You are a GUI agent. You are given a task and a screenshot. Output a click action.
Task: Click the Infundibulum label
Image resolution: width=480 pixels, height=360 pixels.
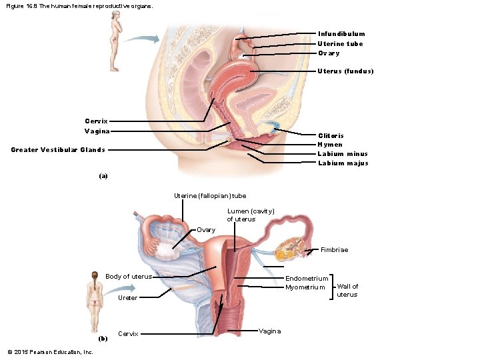[x=341, y=33]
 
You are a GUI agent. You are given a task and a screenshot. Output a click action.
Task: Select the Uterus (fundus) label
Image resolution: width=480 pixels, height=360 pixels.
[x=345, y=71]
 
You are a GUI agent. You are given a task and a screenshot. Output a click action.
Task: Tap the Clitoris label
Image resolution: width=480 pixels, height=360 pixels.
[x=331, y=135]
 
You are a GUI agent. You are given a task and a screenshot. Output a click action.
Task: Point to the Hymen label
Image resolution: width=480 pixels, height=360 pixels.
[x=330, y=145]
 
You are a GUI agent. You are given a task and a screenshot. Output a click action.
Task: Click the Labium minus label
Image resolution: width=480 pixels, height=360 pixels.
[x=343, y=154]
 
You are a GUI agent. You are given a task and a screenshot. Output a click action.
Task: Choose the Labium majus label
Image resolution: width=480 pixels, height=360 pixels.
[x=343, y=163]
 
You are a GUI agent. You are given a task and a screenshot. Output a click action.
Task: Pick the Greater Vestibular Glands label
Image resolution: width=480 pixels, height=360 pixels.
[x=58, y=149]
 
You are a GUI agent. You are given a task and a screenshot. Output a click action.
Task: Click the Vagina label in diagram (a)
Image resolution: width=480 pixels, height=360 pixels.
[x=97, y=131]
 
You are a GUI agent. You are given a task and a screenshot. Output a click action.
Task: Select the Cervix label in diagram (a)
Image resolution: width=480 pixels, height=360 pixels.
[x=96, y=121]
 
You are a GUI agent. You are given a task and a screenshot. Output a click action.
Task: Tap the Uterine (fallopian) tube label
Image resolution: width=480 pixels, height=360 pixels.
[x=210, y=196]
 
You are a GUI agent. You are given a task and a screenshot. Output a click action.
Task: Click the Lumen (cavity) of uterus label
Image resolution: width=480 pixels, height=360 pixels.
[x=250, y=215]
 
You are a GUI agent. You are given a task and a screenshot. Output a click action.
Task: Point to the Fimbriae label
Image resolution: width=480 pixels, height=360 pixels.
[x=334, y=250]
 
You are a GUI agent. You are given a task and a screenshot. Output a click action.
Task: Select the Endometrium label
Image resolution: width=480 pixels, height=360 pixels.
[x=307, y=278]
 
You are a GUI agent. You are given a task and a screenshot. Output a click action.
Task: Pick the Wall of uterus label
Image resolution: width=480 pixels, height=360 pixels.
[x=347, y=290]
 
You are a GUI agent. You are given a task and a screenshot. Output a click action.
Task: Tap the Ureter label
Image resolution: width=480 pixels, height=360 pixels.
[x=127, y=297]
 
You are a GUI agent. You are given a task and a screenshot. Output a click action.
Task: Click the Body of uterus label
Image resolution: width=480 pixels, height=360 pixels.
[x=129, y=277]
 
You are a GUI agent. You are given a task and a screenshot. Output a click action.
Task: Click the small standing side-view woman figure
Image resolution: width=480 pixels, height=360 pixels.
[x=117, y=43]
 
